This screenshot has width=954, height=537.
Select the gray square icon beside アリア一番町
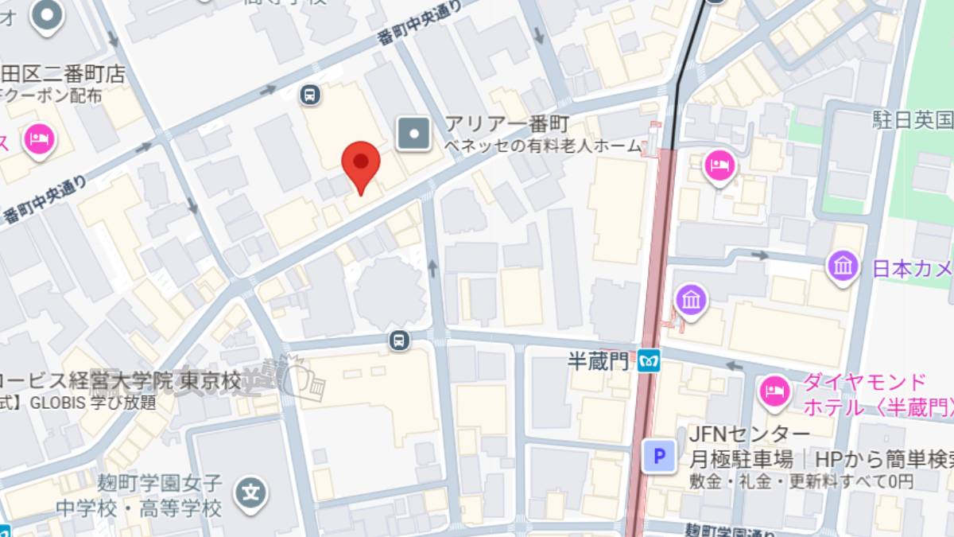[414, 133]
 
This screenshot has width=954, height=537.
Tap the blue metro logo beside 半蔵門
[649, 363]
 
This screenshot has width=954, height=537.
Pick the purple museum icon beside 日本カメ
[842, 266]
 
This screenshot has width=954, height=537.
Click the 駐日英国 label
[913, 121]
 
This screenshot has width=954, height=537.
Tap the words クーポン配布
[52, 96]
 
